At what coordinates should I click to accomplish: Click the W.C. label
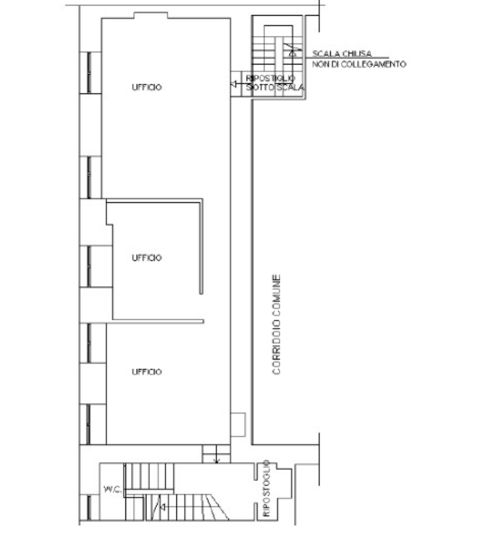[113, 489]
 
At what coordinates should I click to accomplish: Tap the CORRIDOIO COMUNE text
[276, 324]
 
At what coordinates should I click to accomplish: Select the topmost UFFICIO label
[147, 87]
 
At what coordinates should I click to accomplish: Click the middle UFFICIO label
[147, 258]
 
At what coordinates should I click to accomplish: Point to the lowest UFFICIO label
[147, 372]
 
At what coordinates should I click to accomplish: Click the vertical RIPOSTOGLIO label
[266, 488]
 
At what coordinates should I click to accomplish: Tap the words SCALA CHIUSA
[342, 53]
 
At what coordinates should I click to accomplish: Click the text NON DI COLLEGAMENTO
[359, 64]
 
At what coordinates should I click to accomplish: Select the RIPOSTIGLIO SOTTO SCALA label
[275, 83]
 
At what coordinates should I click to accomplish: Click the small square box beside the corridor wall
[238, 425]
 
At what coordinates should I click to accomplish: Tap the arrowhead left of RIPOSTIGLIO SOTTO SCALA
[234, 84]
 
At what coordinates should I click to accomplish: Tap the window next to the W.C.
[89, 508]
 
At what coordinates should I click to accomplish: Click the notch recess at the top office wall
[151, 15]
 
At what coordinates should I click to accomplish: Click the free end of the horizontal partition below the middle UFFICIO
[203, 321]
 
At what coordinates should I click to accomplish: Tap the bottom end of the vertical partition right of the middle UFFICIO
[201, 293]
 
